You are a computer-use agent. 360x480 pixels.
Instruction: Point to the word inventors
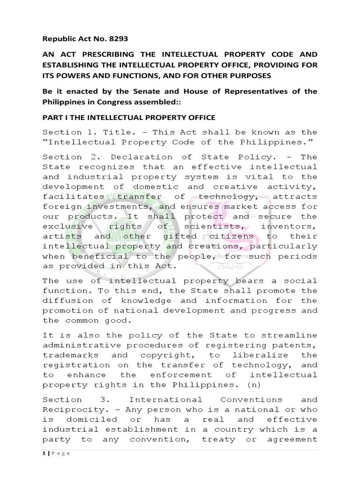pos(292,226)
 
